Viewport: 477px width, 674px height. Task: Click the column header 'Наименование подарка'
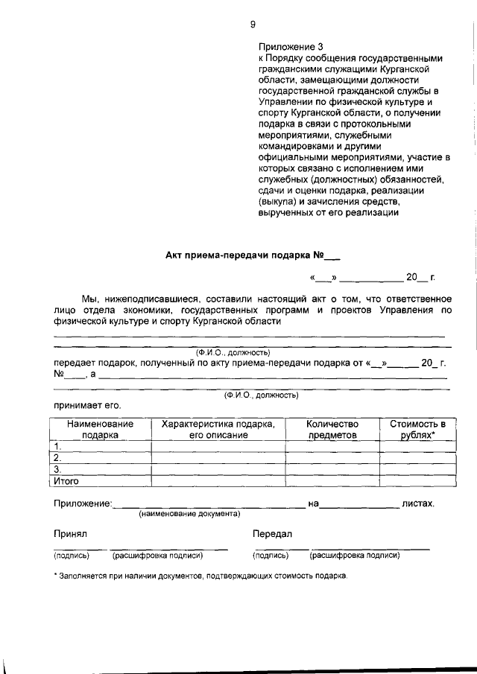100,429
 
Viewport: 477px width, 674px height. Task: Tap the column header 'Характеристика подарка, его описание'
218,429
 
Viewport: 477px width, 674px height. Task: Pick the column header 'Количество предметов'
332,429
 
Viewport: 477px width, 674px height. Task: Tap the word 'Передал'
272,534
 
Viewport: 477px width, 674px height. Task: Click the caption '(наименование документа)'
189,514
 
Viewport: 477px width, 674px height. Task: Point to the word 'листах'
417,504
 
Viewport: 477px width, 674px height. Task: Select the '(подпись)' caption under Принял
71,556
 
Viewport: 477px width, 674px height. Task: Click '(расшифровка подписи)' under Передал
355,556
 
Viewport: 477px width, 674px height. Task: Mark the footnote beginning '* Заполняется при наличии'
200,576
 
